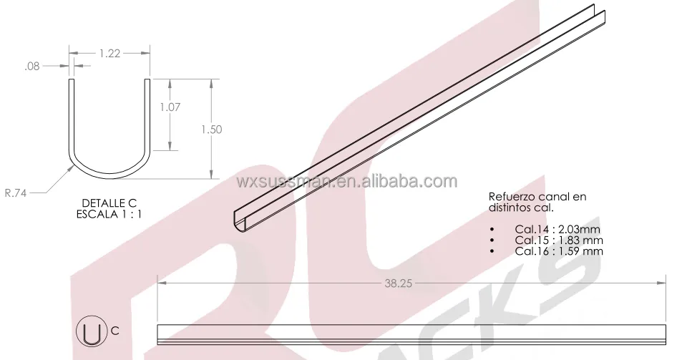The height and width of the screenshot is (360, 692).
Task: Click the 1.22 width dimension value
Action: coord(109,54)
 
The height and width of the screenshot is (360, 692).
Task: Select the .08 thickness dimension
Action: coord(32,66)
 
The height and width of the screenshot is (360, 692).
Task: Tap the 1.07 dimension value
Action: coord(170,107)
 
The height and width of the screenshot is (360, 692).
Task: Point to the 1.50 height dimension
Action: coord(211,130)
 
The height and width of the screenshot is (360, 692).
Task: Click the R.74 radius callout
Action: coord(16,193)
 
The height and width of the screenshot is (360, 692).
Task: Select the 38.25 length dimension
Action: coord(398,283)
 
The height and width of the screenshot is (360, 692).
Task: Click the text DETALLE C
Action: coord(109,203)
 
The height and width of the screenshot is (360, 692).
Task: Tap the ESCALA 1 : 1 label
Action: coord(109,214)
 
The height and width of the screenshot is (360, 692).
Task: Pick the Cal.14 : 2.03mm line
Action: coord(557,229)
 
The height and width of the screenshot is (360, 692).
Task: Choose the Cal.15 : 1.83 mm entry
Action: coord(559,240)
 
